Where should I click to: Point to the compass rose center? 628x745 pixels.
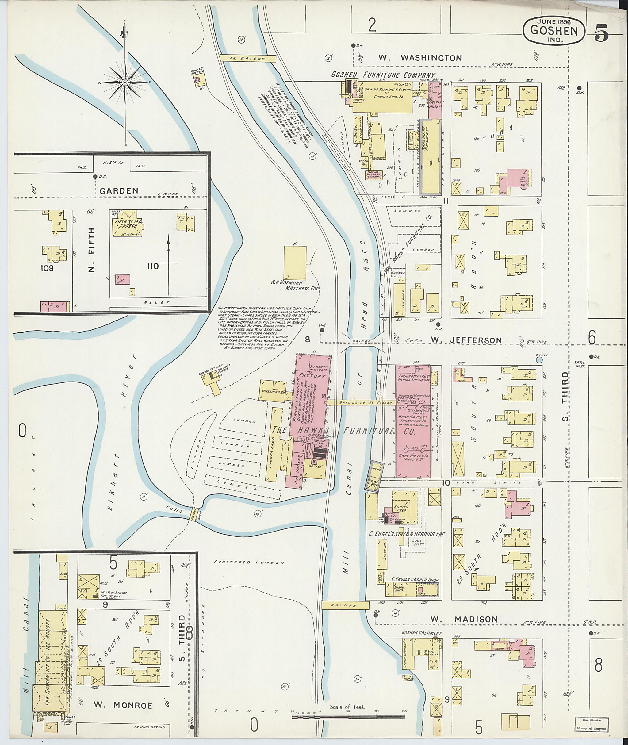[125, 83]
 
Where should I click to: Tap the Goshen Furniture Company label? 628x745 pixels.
[383, 75]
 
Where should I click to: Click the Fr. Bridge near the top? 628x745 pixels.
[248, 58]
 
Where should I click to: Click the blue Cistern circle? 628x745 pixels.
[539, 360]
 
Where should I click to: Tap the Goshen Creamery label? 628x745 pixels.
[422, 633]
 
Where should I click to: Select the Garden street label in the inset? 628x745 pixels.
[119, 191]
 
